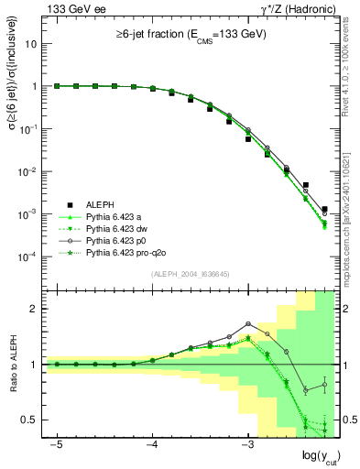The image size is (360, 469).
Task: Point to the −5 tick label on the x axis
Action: point(57,444)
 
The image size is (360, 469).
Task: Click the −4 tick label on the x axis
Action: point(152,444)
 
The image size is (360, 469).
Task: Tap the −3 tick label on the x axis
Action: point(247,444)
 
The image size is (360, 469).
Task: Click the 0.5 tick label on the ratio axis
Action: point(29,420)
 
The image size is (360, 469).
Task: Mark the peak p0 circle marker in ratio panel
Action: point(248,323)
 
